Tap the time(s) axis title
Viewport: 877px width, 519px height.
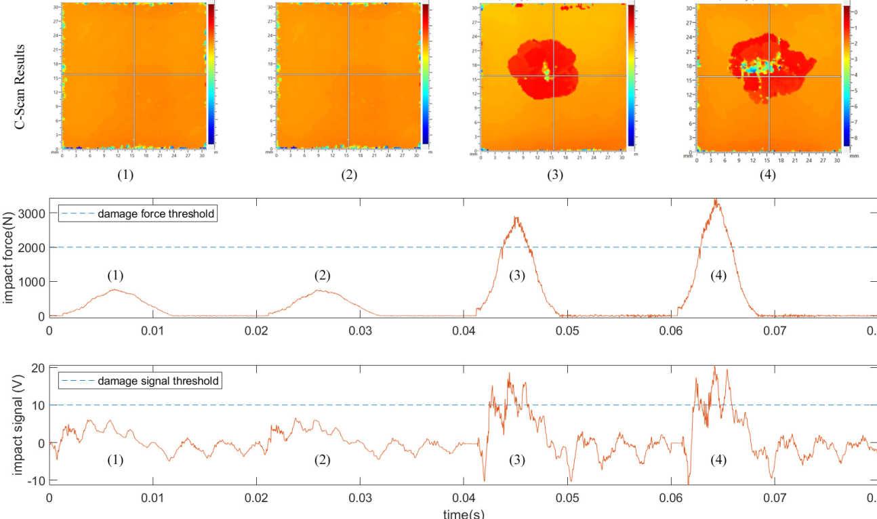[464, 513]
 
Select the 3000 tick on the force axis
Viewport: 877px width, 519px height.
[35, 213]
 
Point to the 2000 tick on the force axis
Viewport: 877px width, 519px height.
[35, 248]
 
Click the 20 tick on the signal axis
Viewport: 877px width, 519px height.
[38, 368]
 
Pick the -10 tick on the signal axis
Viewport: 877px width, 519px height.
[37, 480]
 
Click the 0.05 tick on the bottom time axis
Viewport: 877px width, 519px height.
[567, 496]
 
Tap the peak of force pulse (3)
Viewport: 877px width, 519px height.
[517, 217]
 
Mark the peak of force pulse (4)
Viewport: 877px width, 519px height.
[716, 201]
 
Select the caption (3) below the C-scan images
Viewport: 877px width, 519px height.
[554, 174]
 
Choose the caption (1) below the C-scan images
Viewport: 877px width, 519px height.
[126, 174]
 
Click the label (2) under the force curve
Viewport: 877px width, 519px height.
[321, 276]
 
